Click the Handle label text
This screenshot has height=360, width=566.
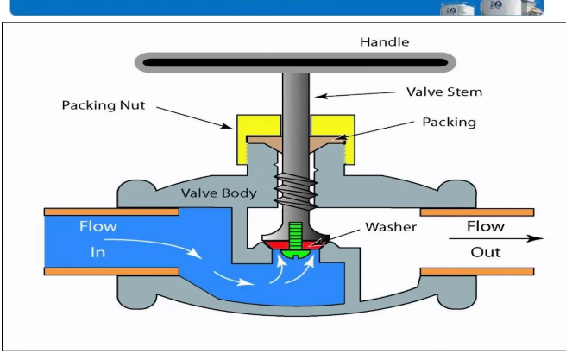[x=385, y=41]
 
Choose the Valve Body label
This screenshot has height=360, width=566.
[x=218, y=193]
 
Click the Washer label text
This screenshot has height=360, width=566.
[x=390, y=227]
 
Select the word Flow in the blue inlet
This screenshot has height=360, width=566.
[x=97, y=227]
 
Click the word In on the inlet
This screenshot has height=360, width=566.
[x=97, y=252]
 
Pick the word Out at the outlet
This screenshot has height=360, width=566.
[x=485, y=252]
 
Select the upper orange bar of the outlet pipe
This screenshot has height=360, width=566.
[x=476, y=212]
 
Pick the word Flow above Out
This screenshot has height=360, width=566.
[x=486, y=226]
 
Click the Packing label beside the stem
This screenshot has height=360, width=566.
[x=448, y=122]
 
